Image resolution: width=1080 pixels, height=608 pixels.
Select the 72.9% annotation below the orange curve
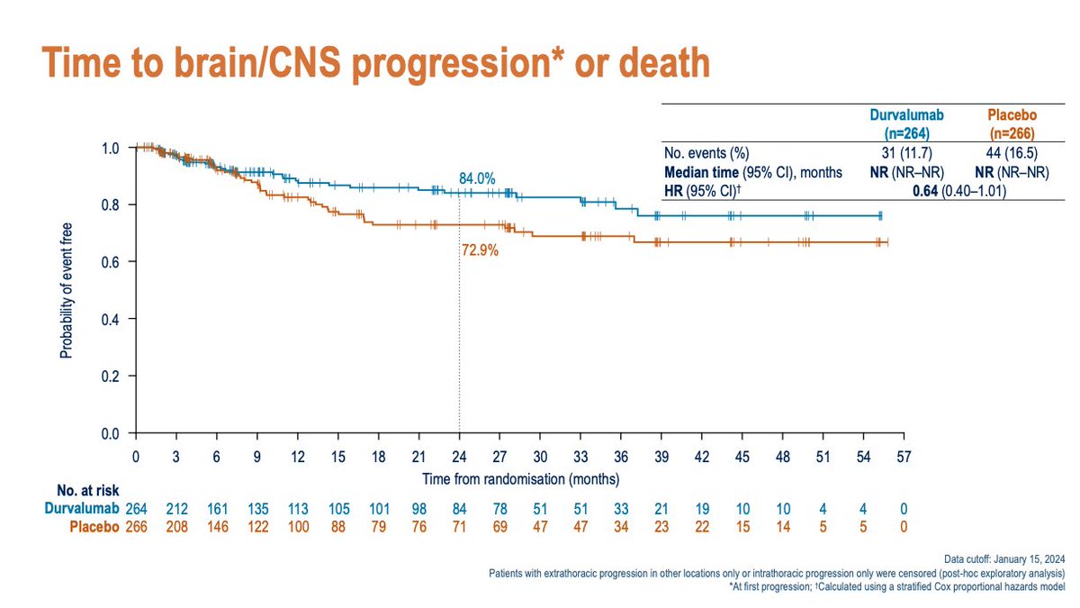pyautogui.click(x=479, y=251)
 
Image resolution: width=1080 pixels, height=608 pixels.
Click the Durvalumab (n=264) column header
pyautogui.click(x=900, y=123)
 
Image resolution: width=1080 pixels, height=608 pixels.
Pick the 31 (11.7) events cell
pyautogui.click(x=900, y=154)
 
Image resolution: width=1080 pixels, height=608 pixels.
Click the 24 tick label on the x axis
pyautogui.click(x=459, y=457)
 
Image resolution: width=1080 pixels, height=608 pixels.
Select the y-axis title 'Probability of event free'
pyautogui.click(x=67, y=290)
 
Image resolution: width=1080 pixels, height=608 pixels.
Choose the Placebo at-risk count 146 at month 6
pyautogui.click(x=217, y=526)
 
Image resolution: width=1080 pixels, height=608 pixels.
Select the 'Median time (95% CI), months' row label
pyautogui.click(x=752, y=171)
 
